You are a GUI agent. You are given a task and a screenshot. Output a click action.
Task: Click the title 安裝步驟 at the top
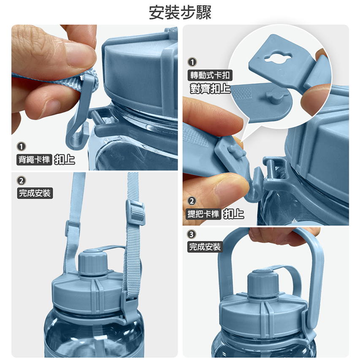tap(180, 12)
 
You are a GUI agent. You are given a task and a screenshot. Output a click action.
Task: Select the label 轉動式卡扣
tap(210, 75)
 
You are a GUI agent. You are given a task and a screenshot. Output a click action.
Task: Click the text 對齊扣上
tap(210, 88)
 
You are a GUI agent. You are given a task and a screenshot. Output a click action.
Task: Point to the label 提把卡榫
tap(203, 214)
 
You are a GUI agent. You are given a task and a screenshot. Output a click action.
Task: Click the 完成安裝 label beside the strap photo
tap(35, 193)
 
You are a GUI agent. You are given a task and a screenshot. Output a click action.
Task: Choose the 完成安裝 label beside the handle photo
tap(205, 247)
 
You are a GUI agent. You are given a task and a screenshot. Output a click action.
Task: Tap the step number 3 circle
tap(192, 234)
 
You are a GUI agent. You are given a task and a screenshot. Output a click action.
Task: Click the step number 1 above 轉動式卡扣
tap(192, 62)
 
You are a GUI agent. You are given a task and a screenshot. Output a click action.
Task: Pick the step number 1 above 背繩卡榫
tap(22, 146)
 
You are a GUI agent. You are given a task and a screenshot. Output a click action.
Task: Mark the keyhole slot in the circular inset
tap(278, 57)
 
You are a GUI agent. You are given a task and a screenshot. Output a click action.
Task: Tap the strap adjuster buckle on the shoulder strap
tap(135, 212)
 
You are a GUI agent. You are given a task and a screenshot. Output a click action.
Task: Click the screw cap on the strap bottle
tap(93, 262)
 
